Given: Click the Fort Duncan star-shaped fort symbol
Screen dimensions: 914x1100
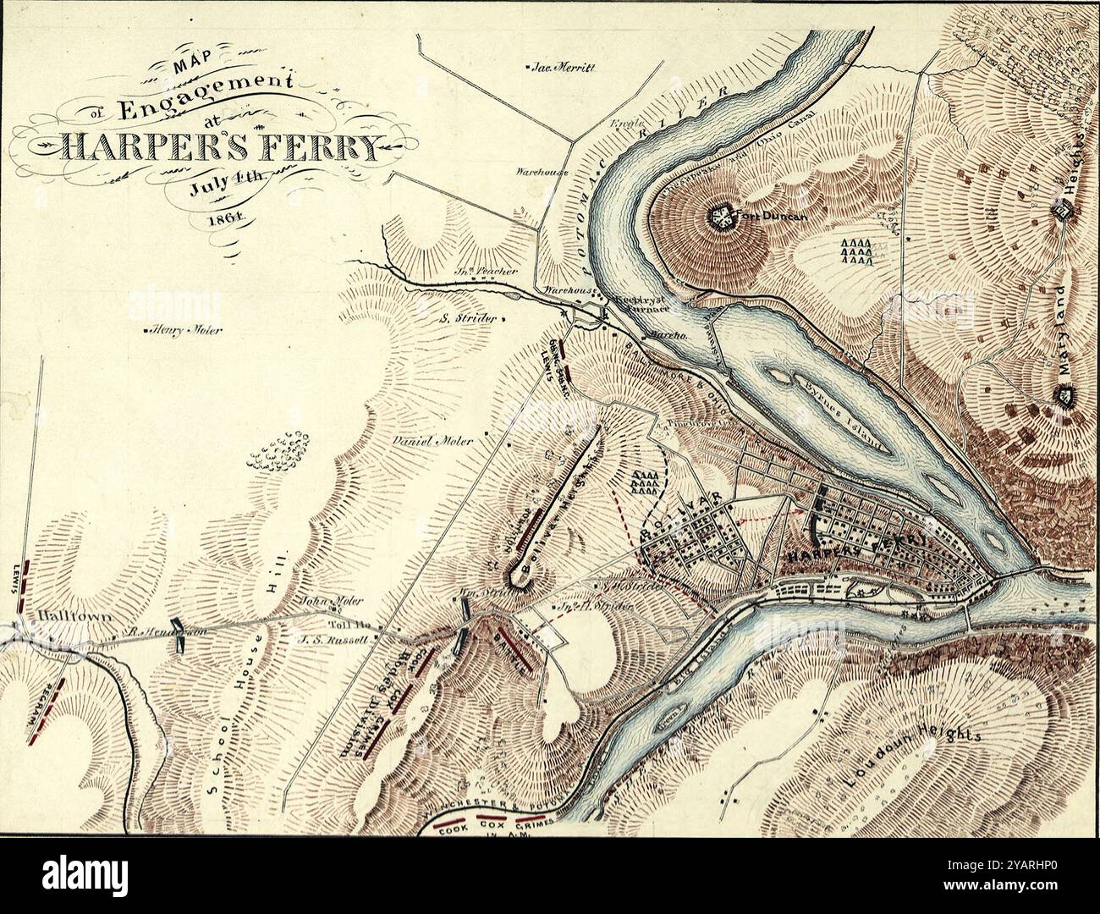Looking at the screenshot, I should click(x=721, y=217).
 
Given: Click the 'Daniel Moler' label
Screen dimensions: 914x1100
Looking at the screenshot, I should click(x=433, y=441).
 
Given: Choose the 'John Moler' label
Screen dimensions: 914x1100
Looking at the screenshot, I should click(x=333, y=601).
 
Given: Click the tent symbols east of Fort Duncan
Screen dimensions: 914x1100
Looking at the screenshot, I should click(x=856, y=251).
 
